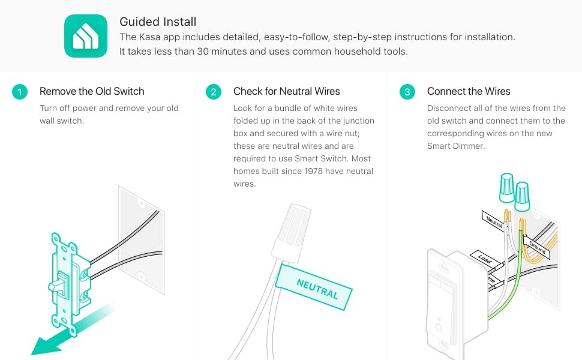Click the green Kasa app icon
86,36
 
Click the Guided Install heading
158,22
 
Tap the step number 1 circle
20,92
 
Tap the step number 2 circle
214,92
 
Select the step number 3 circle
407,92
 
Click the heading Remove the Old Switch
92,91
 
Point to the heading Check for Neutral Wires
287,91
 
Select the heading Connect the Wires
469,91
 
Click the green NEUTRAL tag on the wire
314,287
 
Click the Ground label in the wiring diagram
537,247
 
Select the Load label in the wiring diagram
484,259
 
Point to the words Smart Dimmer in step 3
456,146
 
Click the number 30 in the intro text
203,51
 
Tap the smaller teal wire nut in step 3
522,197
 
